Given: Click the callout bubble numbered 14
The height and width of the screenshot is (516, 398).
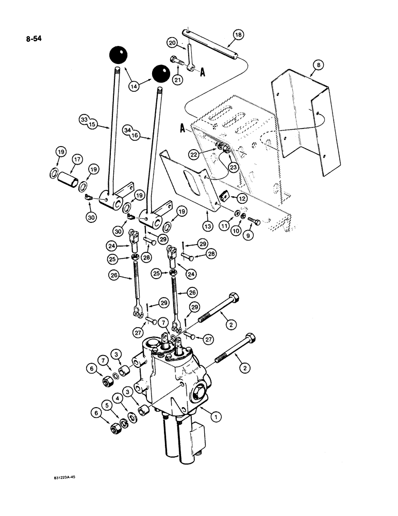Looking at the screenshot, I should tap(134, 87).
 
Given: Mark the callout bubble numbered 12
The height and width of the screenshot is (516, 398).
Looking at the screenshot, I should tap(238, 198).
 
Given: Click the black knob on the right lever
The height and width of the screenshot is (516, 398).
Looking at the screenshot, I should tap(161, 74).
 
